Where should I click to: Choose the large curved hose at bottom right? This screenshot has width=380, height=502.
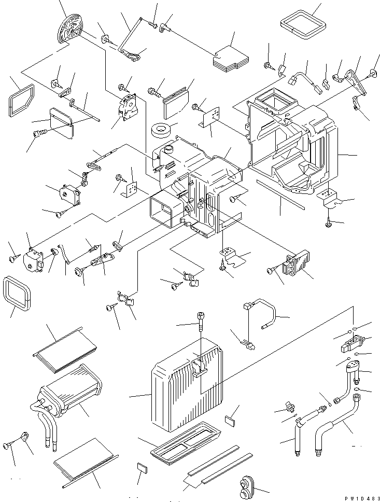pyautogui.click(x=336, y=425)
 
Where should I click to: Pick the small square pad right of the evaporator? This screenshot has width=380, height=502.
pyautogui.click(x=231, y=420)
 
